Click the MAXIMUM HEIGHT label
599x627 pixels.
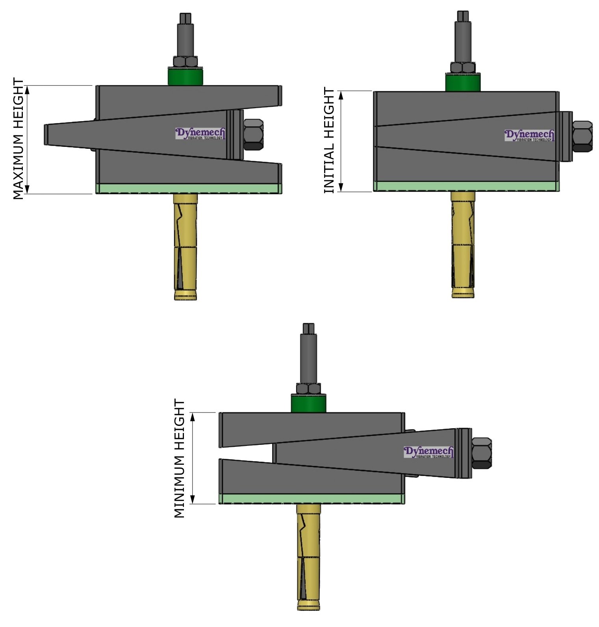point(18,139)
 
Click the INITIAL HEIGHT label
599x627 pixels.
point(329,141)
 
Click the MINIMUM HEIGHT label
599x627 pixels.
point(179,459)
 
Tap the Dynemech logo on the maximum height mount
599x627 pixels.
point(200,133)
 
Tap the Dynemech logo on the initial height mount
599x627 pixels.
point(529,135)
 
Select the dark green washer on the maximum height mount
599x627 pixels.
point(185,77)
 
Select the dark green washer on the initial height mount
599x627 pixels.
point(463,83)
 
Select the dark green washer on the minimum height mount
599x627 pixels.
point(308,403)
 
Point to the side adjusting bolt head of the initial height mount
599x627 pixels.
point(582,136)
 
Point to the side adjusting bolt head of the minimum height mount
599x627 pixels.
point(481,453)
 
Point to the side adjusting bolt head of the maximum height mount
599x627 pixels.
point(253,134)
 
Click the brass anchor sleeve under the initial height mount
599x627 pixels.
point(463,244)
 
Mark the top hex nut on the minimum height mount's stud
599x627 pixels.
point(308,389)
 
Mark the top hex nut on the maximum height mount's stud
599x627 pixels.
point(185,62)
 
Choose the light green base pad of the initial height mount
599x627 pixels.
point(466,186)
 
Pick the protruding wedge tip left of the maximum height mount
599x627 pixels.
point(59,135)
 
